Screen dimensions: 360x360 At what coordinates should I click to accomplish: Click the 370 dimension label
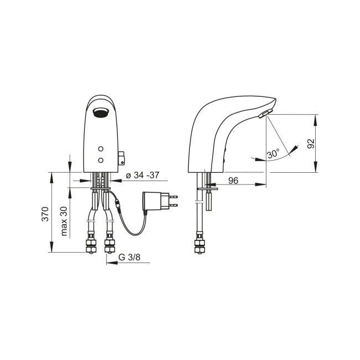[45, 214]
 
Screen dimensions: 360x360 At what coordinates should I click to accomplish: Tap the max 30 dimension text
[64, 221]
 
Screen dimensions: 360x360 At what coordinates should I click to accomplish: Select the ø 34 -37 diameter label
[142, 176]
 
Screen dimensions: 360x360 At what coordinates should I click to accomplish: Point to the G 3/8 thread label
[129, 257]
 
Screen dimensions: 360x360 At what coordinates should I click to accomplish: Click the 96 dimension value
[233, 181]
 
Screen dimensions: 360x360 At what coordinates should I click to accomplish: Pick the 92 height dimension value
[311, 143]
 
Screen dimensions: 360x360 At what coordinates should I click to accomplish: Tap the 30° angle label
[273, 153]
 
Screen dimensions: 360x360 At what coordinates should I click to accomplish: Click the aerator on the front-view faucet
[100, 113]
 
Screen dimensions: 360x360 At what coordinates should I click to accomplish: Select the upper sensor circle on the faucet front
[101, 149]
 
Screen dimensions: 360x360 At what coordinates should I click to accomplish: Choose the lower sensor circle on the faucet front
[101, 160]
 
